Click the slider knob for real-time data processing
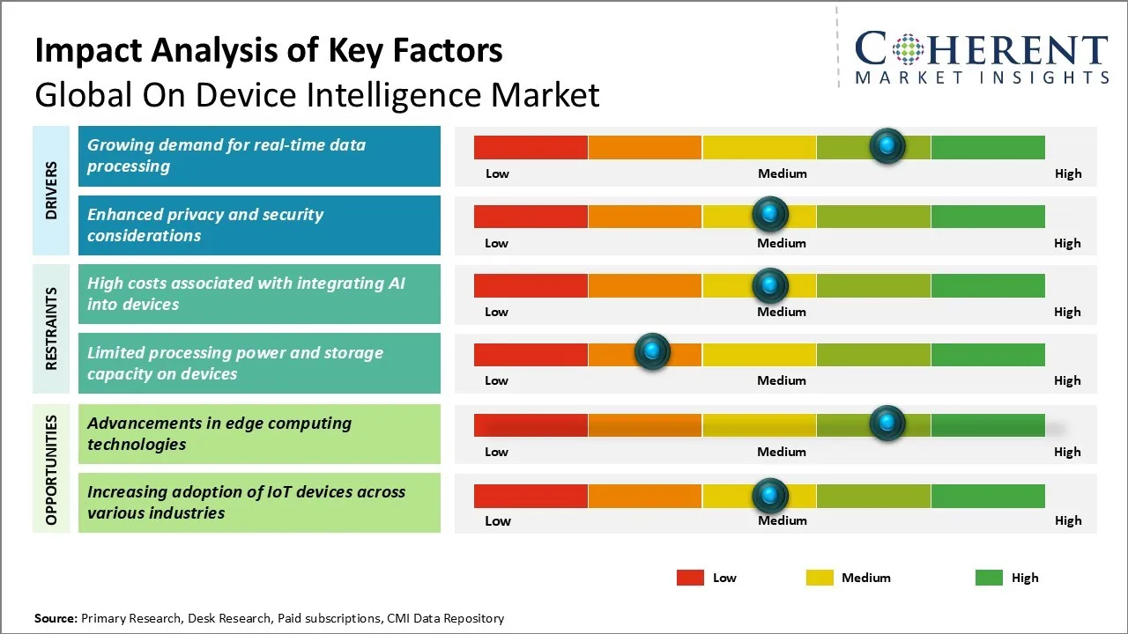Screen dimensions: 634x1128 pyautogui.click(x=887, y=145)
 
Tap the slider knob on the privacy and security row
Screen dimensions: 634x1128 pyautogui.click(x=770, y=214)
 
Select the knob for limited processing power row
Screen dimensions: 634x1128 pyautogui.click(x=652, y=352)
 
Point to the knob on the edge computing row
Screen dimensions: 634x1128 pyautogui.click(x=887, y=424)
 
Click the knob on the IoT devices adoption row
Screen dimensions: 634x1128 pyautogui.click(x=770, y=495)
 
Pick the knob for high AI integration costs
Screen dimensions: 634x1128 pyautogui.click(x=770, y=284)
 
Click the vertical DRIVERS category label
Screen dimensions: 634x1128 pyautogui.click(x=51, y=190)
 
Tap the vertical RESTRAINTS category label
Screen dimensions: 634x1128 pyautogui.click(x=51, y=328)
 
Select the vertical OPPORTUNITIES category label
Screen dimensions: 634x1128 pyautogui.click(x=51, y=469)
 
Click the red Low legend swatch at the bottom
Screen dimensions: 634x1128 pyautogui.click(x=690, y=578)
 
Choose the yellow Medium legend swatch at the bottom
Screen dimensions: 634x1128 pyautogui.click(x=820, y=578)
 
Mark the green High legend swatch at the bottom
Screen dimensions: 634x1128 pyautogui.click(x=989, y=578)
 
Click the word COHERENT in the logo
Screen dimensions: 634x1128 pyautogui.click(x=981, y=50)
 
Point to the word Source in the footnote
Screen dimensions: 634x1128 pyautogui.click(x=55, y=618)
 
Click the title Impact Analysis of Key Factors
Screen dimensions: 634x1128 pyautogui.click(x=269, y=51)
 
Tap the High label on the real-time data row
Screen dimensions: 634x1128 pyautogui.click(x=1068, y=173)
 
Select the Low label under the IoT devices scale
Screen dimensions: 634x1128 pyautogui.click(x=498, y=520)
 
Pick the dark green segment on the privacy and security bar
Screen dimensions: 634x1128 pyautogui.click(x=987, y=216)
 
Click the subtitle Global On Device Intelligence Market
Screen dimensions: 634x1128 pyautogui.click(x=317, y=95)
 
